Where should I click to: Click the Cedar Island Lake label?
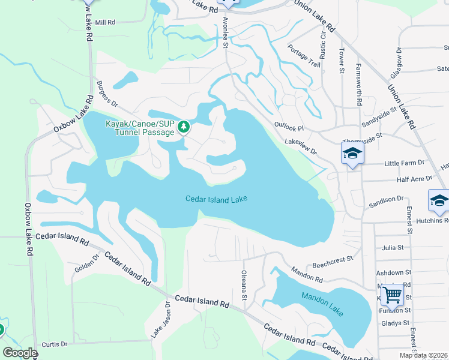(216, 199)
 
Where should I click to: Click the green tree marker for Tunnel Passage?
(184, 127)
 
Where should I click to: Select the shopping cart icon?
(392, 295)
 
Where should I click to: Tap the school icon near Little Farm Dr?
(352, 154)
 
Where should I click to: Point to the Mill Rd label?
(104, 22)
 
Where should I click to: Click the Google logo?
(20, 353)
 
